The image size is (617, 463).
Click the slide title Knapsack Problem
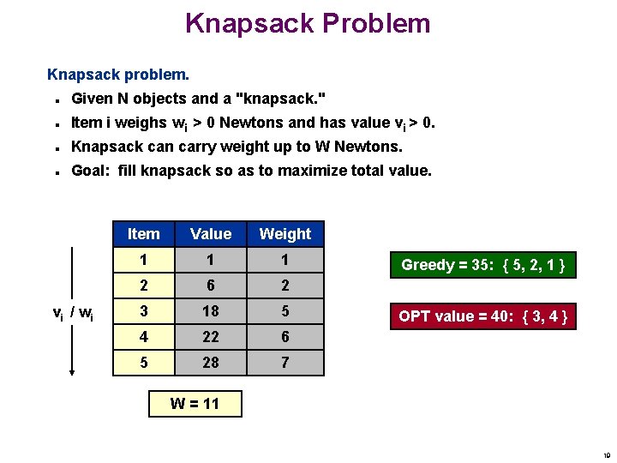point(308,23)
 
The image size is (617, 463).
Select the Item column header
point(143,233)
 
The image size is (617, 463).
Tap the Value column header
point(211,233)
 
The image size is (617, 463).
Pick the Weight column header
point(285,233)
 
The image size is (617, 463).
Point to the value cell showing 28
point(211,363)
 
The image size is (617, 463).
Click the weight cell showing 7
point(285,363)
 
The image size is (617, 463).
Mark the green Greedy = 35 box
point(482,264)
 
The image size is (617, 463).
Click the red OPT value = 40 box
point(482,316)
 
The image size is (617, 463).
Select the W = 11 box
point(195,403)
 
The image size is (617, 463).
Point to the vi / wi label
point(73,314)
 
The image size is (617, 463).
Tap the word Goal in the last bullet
point(91,171)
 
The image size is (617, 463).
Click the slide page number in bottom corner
point(606,455)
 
